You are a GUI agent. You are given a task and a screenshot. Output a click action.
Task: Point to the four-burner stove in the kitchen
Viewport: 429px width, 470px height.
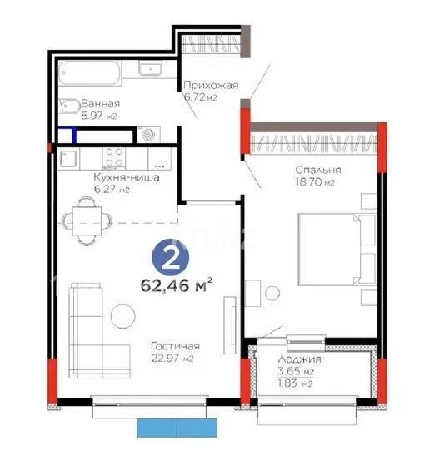pos(114,157)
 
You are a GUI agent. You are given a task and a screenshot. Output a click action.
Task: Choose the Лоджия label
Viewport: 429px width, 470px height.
pos(297,360)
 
